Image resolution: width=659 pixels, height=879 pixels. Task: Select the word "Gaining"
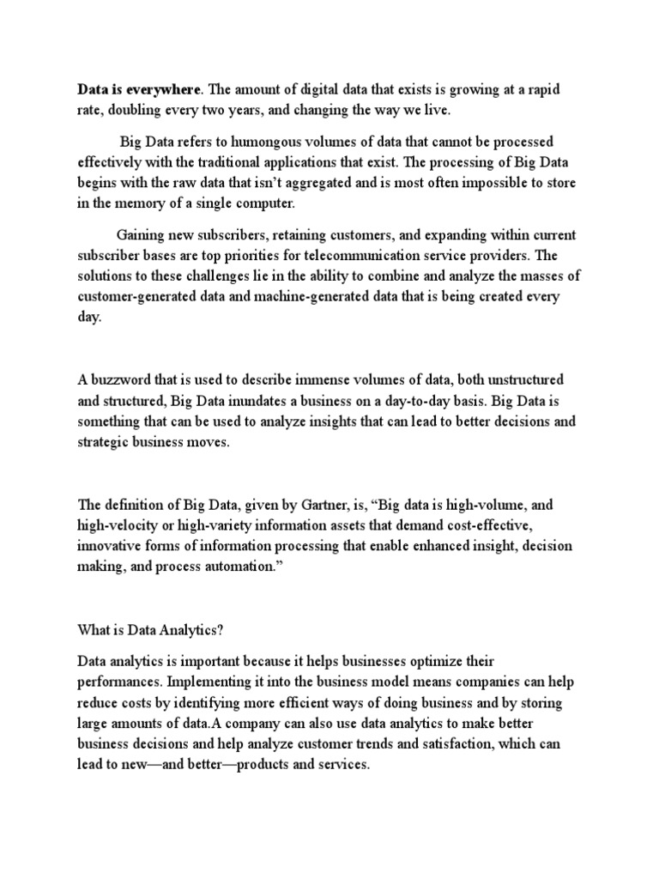click(x=142, y=235)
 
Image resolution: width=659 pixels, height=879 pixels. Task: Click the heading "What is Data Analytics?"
click(x=150, y=629)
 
